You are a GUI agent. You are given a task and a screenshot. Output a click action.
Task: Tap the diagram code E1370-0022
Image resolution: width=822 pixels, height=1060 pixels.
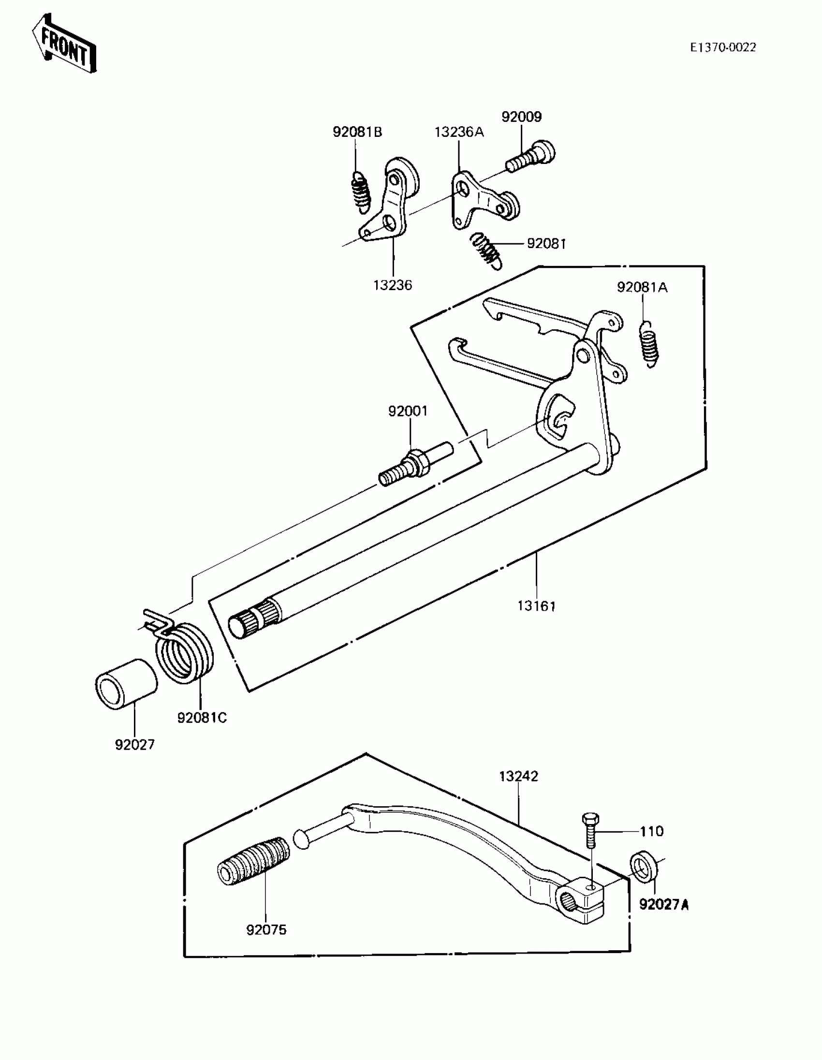pos(723,47)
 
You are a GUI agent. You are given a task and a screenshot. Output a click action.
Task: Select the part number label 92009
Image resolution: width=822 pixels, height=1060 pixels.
pos(521,117)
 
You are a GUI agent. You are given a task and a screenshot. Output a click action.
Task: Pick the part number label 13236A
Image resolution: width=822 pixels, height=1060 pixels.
pos(458,132)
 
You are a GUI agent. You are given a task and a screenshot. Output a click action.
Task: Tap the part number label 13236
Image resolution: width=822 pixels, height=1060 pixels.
pos(392,285)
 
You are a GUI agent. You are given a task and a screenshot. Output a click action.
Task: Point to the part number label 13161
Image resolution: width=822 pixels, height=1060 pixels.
pos(536,606)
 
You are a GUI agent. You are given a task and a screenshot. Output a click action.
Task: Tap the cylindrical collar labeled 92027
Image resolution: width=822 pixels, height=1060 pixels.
pos(126,684)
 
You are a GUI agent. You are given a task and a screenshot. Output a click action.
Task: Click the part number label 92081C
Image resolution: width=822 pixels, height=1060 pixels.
pos(202,718)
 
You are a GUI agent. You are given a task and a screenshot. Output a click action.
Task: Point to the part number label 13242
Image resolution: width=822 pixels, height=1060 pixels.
pos(518,777)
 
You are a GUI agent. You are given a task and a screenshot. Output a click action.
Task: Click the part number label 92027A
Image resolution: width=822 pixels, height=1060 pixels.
pos(664,905)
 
